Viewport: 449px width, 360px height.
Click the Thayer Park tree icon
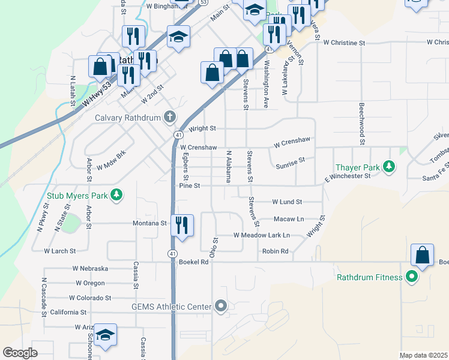[x=390, y=166]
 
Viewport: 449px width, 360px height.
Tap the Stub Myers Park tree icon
[x=117, y=194]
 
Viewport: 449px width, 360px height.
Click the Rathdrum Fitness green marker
[x=411, y=277]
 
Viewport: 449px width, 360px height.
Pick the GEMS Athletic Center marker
[x=221, y=307]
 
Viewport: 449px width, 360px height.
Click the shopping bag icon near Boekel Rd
[x=423, y=254]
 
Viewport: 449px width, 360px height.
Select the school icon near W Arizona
[x=105, y=335]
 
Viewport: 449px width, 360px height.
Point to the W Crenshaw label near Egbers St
[x=198, y=147]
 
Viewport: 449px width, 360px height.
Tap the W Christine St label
[x=344, y=43]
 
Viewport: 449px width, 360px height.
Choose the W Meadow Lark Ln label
[x=262, y=235]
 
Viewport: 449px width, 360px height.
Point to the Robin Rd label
[x=275, y=251]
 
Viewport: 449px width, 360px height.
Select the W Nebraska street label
[x=90, y=268]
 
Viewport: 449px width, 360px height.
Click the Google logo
[x=20, y=353]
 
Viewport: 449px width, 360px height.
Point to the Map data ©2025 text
[x=424, y=355]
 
